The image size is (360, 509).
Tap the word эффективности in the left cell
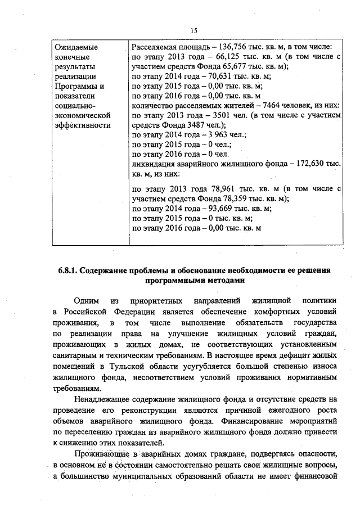(82, 125)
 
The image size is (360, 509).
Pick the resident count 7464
(266, 106)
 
